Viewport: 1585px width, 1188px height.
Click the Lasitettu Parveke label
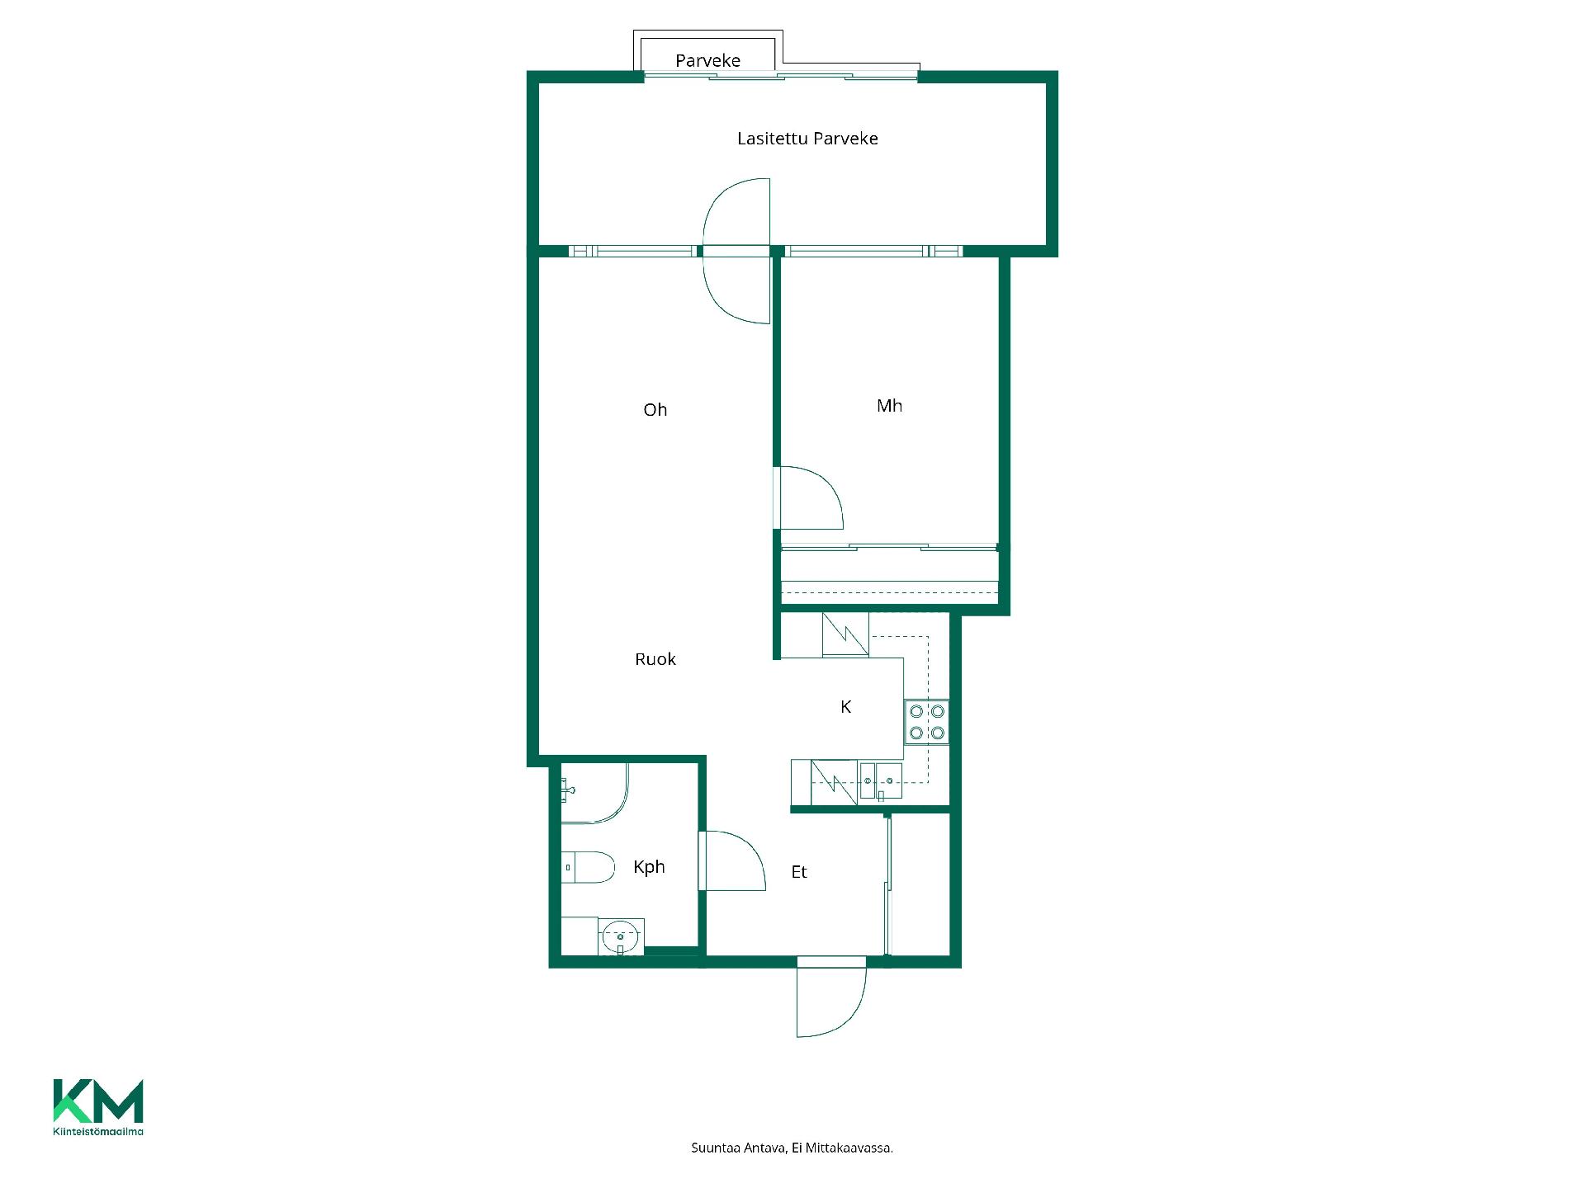click(x=807, y=139)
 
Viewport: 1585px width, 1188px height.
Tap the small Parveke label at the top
click(x=707, y=60)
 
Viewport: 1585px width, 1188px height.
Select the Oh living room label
click(x=655, y=410)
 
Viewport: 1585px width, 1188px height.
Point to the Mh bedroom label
click(x=889, y=406)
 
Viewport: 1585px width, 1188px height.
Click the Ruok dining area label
click(x=655, y=659)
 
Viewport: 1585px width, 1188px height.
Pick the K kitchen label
click(x=845, y=707)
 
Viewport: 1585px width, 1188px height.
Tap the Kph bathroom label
click(x=649, y=867)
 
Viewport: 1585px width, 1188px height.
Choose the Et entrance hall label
click(x=799, y=872)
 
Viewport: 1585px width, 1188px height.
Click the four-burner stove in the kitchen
click(x=927, y=722)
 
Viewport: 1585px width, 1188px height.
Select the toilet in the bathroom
click(x=588, y=867)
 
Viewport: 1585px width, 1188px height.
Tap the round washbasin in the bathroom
click(x=621, y=937)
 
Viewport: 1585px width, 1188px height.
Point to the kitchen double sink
click(x=881, y=781)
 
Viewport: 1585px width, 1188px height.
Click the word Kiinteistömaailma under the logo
click(x=98, y=1131)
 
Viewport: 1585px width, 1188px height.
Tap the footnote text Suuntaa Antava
click(x=738, y=1148)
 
